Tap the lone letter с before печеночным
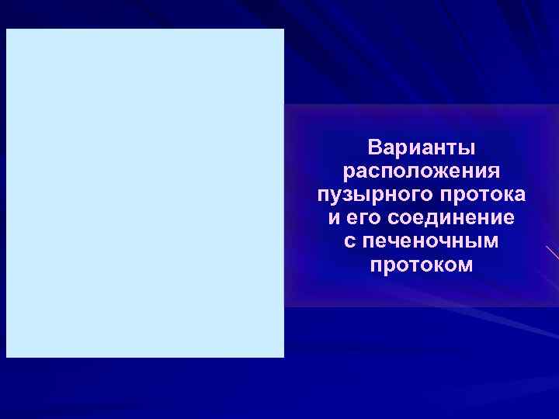(x=349, y=241)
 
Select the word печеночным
(x=431, y=241)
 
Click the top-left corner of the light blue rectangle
(x=6, y=29)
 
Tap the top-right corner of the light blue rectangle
(x=284, y=29)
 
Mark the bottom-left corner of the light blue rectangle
(x=6, y=357)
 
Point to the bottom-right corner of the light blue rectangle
(x=284, y=357)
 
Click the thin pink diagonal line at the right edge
(x=552, y=252)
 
